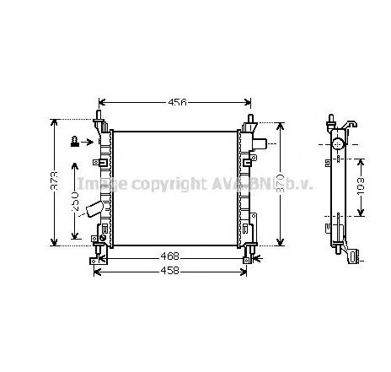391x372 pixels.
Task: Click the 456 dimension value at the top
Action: (x=176, y=102)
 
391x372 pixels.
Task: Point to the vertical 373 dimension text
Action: (x=55, y=182)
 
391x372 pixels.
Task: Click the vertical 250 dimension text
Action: (x=75, y=202)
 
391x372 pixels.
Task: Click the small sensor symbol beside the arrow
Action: (x=76, y=141)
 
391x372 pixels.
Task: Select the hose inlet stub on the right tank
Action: (x=263, y=145)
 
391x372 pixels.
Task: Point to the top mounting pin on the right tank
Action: (x=250, y=118)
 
